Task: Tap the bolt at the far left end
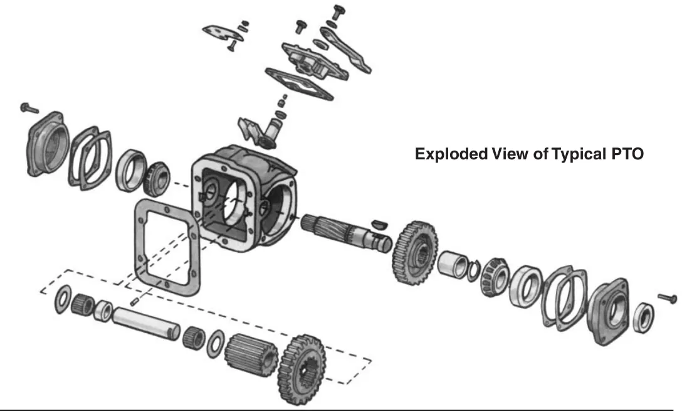pyautogui.click(x=29, y=107)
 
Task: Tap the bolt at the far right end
pyautogui.click(x=668, y=298)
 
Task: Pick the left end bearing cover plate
pyautogui.click(x=47, y=144)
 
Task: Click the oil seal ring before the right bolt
pyautogui.click(x=644, y=318)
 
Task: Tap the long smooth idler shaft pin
pyautogui.click(x=146, y=323)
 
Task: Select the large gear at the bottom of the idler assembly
pyautogui.click(x=302, y=370)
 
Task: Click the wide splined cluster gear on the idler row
pyautogui.click(x=251, y=355)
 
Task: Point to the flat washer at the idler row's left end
pyautogui.click(x=63, y=299)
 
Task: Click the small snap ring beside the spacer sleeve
pyautogui.click(x=474, y=270)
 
